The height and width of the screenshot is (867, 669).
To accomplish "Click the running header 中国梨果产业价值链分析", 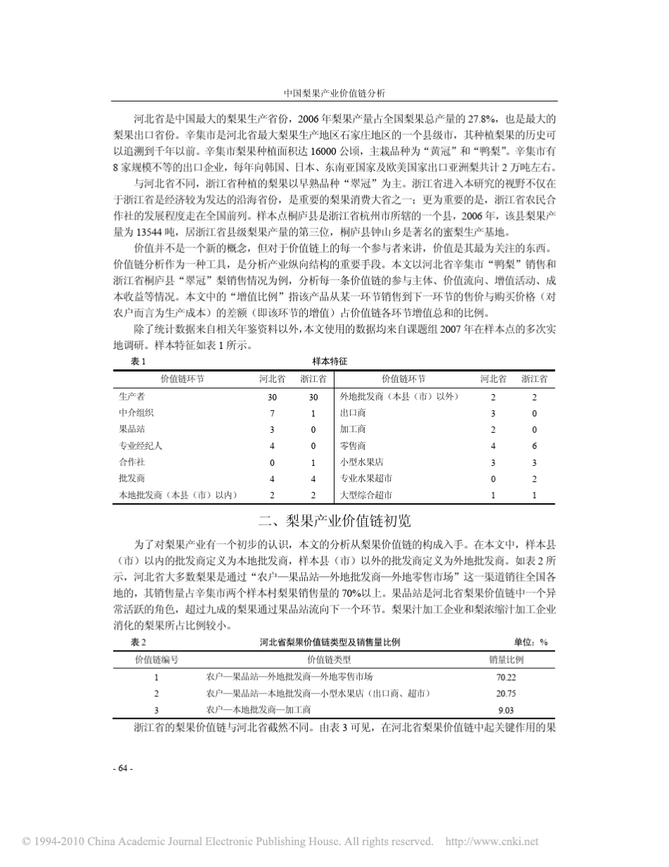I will click(x=334, y=92).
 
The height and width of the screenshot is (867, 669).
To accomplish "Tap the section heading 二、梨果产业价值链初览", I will click(x=334, y=522).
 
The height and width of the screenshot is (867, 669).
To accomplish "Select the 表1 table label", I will click(x=138, y=361).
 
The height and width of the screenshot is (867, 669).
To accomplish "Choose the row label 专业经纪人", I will click(x=141, y=445).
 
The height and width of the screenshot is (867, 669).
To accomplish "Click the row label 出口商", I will click(x=352, y=413).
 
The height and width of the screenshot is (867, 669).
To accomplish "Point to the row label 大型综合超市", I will click(x=365, y=496).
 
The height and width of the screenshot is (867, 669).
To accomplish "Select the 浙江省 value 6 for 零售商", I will click(x=534, y=445).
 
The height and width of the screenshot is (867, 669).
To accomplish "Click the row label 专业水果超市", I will click(x=365, y=479).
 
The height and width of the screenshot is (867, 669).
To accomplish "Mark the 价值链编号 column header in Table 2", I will click(x=156, y=660).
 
